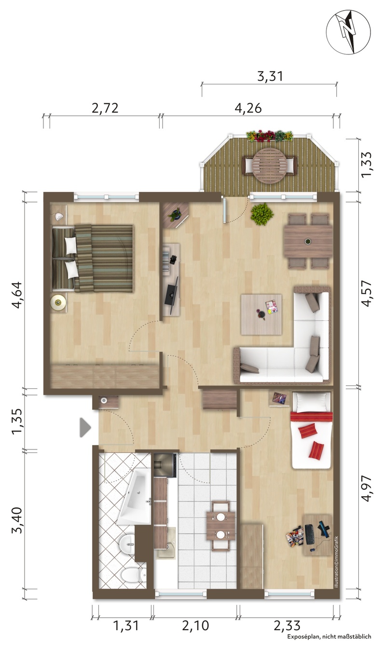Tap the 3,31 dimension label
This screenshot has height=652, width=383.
pyautogui.click(x=270, y=76)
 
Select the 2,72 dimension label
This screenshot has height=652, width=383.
pyautogui.click(x=105, y=108)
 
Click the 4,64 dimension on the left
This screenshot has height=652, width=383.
pyautogui.click(x=16, y=295)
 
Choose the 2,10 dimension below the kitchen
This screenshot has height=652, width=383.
pyautogui.click(x=195, y=624)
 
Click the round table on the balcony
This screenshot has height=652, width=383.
pyautogui.click(x=269, y=165)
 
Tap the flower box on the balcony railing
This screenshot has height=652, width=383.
pyautogui.click(x=270, y=136)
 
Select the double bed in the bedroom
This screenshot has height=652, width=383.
pyautogui.click(x=93, y=258)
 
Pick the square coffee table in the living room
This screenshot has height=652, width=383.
pyautogui.click(x=261, y=314)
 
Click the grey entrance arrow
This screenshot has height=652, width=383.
pyautogui.click(x=85, y=428)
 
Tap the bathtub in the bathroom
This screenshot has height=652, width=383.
pyautogui.click(x=135, y=497)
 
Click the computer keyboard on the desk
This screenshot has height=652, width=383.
pyautogui.click(x=310, y=534)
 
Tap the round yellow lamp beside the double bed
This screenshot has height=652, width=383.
pyautogui.click(x=58, y=302)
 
